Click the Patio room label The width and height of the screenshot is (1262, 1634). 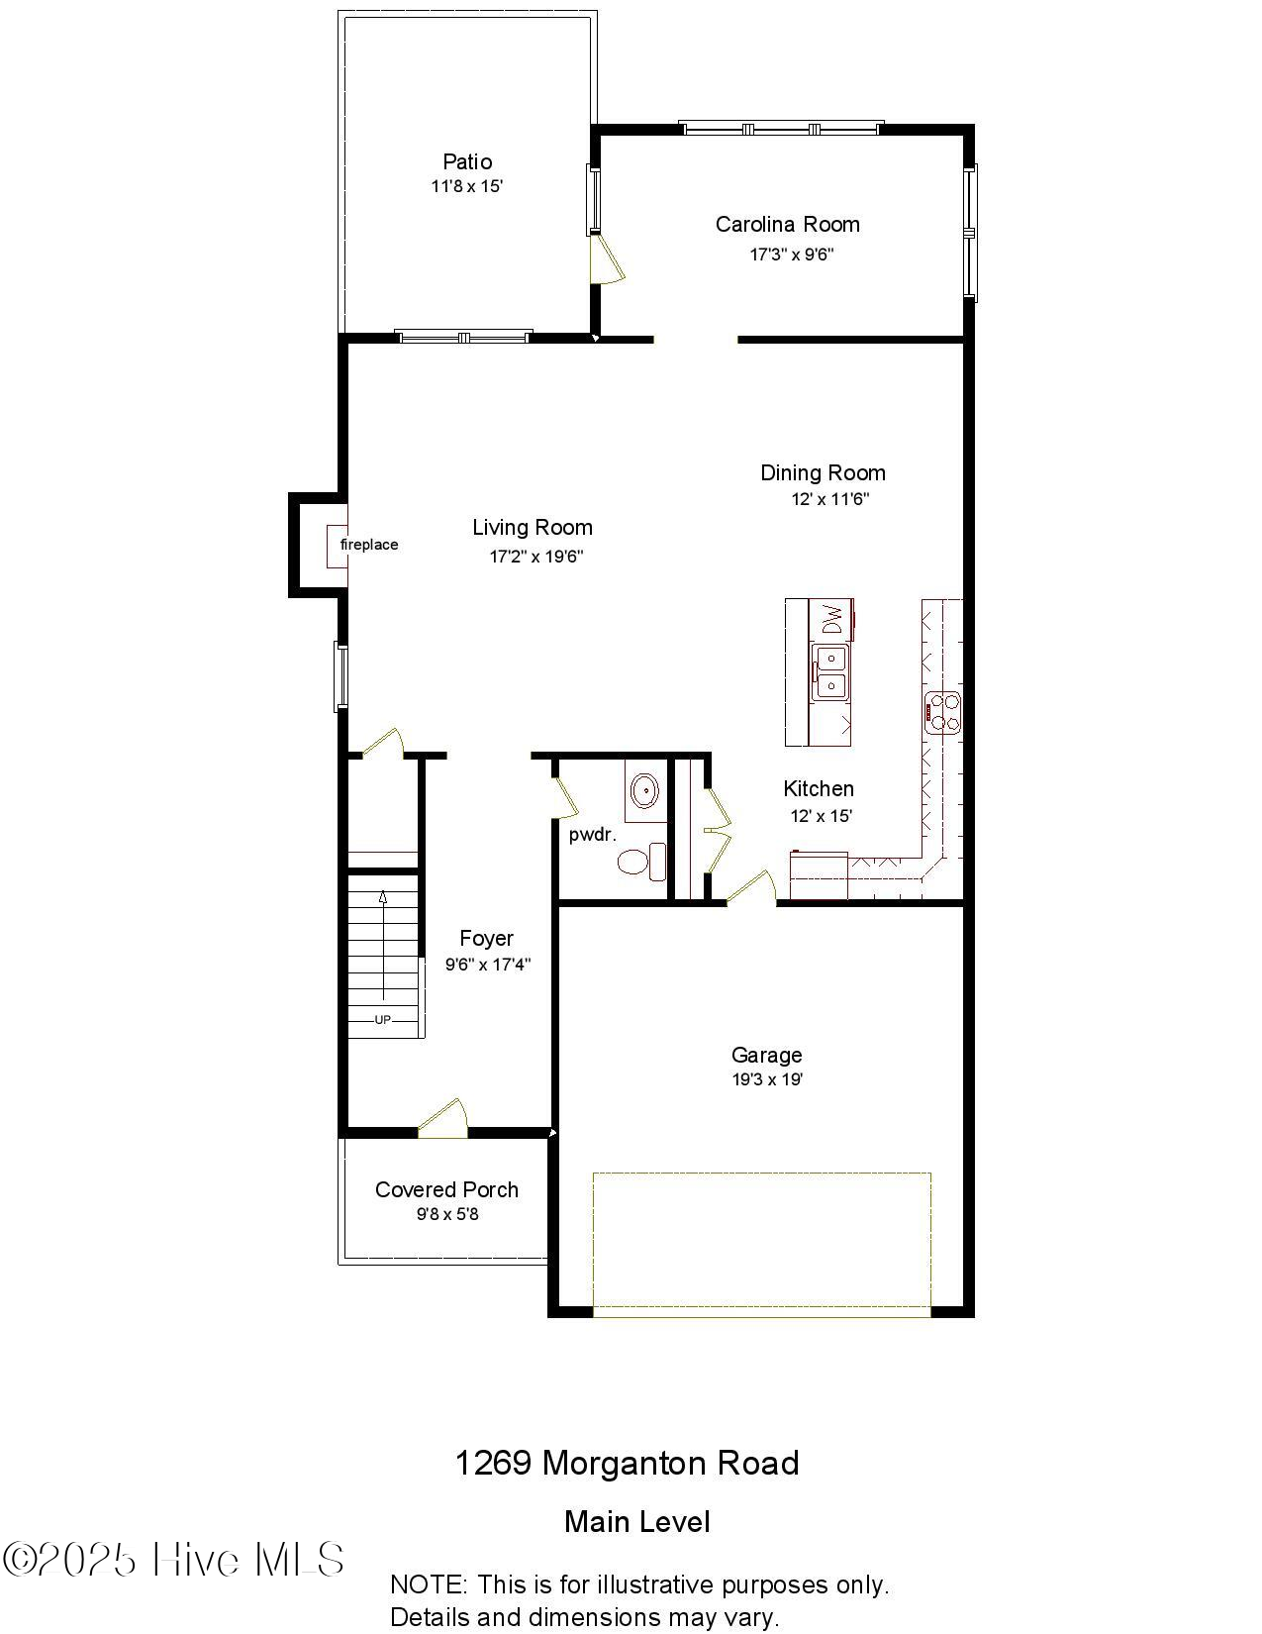(x=466, y=161)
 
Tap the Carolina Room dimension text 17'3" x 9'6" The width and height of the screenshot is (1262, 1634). (x=791, y=255)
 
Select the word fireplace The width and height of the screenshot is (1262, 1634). (x=369, y=545)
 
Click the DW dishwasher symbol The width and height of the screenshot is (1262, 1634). (x=832, y=619)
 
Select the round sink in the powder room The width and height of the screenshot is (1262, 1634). (x=645, y=790)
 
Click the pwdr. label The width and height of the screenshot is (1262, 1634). (x=592, y=835)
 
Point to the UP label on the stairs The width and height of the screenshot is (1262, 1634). (x=382, y=1019)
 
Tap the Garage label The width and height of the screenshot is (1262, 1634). (x=766, y=1055)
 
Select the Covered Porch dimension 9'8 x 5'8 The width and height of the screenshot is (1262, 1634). (x=447, y=1214)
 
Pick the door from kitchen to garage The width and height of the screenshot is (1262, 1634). (x=752, y=888)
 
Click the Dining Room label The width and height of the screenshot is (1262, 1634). (x=823, y=472)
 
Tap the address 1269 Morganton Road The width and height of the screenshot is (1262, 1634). (x=627, y=1463)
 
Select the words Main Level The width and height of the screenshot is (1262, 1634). (x=636, y=1522)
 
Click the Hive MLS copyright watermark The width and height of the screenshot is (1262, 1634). (x=174, y=1560)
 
